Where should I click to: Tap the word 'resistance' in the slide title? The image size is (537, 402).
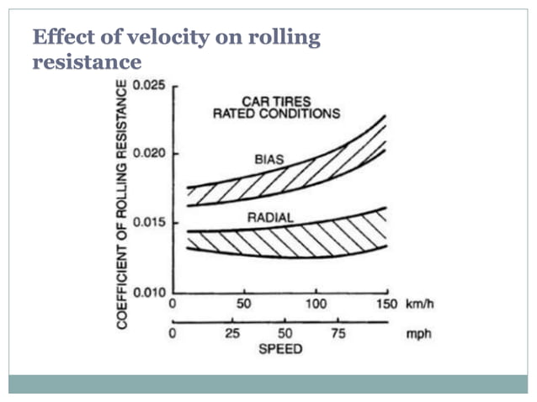pos(86,61)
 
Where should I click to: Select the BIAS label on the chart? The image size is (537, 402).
pos(269,159)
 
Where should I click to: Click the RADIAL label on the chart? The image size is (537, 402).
pos(270,218)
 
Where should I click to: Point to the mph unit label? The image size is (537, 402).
pos(418,333)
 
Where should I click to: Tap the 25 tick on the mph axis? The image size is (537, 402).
pos(232,334)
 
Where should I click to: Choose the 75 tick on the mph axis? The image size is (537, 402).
pos(337,334)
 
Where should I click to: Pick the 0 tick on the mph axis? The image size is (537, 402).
pos(173,334)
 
